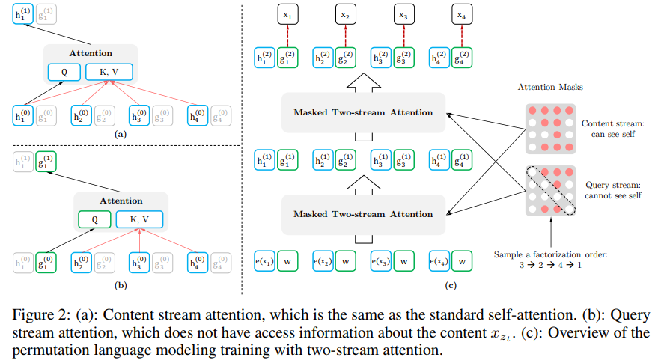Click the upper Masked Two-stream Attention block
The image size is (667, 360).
363,112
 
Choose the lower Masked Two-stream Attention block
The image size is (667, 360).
363,214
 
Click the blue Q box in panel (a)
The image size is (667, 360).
63,71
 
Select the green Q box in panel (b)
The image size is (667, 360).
93,219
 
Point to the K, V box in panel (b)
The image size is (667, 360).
138,219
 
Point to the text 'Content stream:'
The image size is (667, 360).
613,123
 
